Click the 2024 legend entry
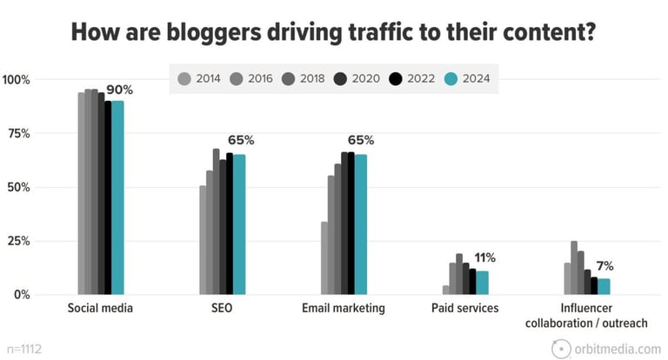(468, 79)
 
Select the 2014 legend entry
(201, 79)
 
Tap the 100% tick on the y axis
(17, 80)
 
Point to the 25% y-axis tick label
(18, 241)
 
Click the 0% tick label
(22, 295)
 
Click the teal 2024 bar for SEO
(238, 225)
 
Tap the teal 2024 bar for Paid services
(483, 283)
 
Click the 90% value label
(121, 90)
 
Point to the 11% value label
(484, 257)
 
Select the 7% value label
(604, 265)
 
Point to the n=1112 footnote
(21, 348)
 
